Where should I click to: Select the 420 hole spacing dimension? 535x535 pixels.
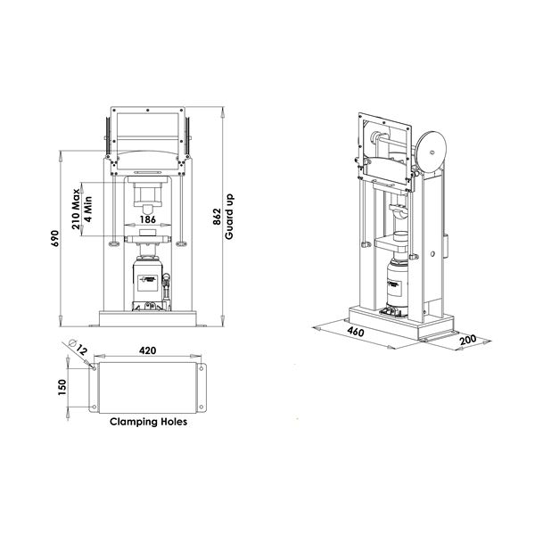(x=148, y=350)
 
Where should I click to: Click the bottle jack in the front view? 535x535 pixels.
(x=148, y=284)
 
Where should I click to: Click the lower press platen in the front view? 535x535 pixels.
(x=148, y=239)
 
